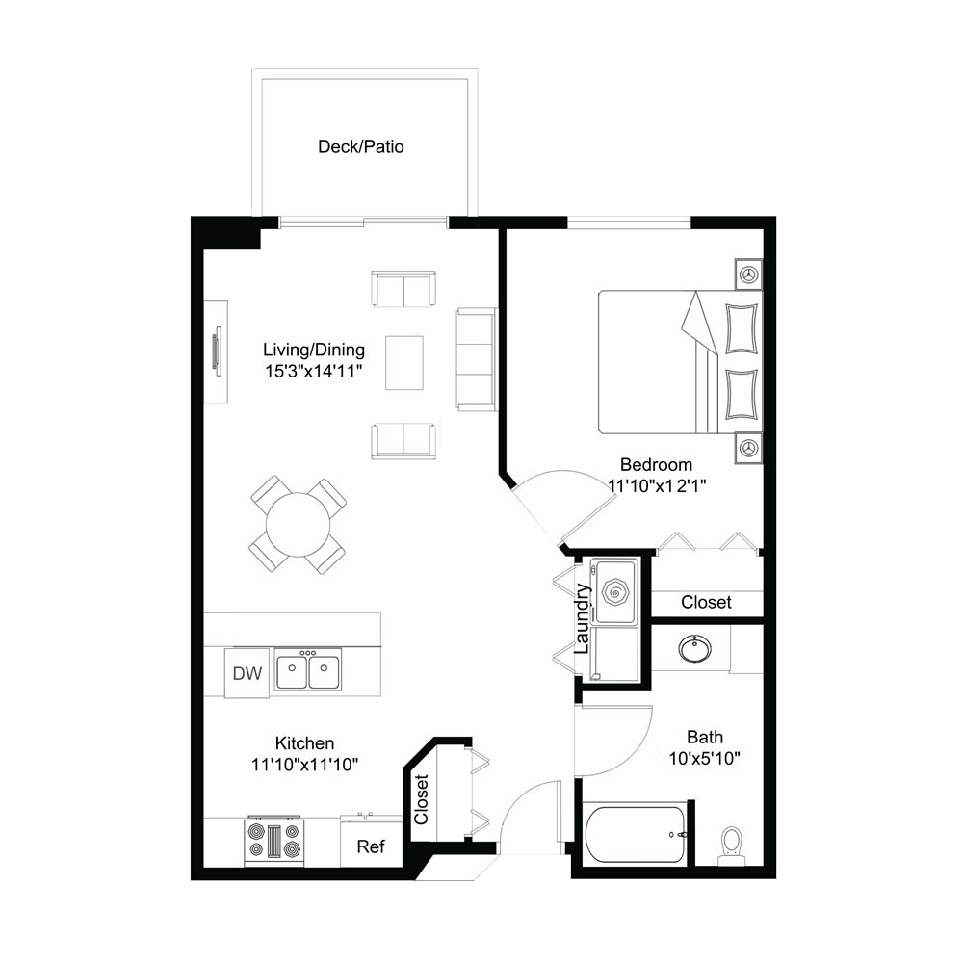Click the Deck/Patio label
(360, 146)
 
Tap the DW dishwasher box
(247, 673)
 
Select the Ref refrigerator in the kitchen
(371, 843)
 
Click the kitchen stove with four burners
(273, 841)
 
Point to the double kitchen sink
(308, 670)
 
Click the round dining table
(298, 525)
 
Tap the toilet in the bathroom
(732, 846)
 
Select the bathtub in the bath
(635, 835)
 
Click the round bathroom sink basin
(695, 648)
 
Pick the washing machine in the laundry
(614, 592)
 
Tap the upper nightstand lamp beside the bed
(748, 273)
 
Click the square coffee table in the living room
(404, 362)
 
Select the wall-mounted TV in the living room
(216, 351)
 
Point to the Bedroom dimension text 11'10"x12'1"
(657, 485)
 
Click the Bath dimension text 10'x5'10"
(705, 759)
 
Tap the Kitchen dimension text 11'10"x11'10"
(304, 765)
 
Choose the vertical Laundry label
(582, 619)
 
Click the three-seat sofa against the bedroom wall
(476, 359)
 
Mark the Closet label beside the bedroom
(706, 603)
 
